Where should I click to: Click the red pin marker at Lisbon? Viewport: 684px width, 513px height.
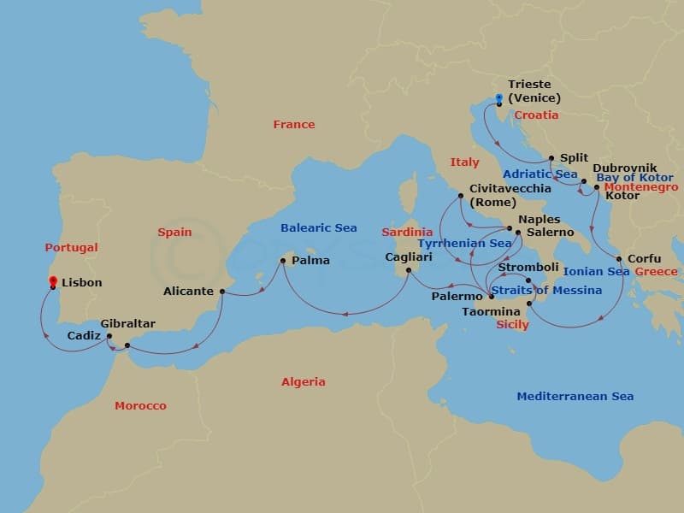pos(53,281)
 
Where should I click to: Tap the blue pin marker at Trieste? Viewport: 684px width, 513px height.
pos(498,98)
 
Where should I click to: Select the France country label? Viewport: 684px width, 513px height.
pos(294,125)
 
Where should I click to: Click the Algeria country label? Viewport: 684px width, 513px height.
pos(304,382)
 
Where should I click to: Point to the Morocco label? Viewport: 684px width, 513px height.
pos(140,406)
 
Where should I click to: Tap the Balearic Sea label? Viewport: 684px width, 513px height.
pos(319,228)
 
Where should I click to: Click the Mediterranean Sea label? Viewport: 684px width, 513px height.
pos(575,397)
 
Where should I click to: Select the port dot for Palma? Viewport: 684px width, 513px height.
pos(282,261)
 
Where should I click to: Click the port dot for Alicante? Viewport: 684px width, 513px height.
pos(222,292)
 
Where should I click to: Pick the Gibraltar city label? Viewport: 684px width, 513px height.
pos(128,324)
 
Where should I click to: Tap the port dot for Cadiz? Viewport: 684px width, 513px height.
pos(109,336)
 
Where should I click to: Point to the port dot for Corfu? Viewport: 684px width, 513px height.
pos(619,259)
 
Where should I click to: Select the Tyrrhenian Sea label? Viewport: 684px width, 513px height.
pos(464,244)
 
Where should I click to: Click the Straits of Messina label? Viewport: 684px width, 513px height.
pos(547,291)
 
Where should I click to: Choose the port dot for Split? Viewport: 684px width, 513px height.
pos(551,158)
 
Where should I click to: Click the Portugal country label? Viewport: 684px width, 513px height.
pos(71,248)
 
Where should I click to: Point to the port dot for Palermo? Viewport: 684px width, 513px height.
pos(491,297)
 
